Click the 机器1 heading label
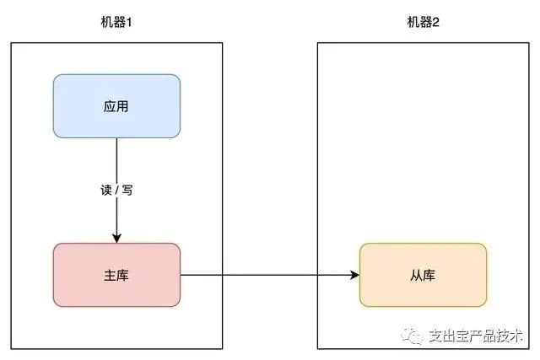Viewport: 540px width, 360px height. pos(116,23)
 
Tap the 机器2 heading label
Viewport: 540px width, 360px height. pos(423,23)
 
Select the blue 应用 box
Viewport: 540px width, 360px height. pos(116,106)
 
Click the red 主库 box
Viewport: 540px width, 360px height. pos(116,275)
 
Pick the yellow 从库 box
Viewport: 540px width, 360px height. pos(424,275)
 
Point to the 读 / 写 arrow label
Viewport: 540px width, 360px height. pos(116,190)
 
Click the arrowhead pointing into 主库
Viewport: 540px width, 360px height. pos(116,238)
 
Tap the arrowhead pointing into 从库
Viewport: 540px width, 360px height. pos(354,275)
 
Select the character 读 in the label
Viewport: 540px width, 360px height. pos(106,190)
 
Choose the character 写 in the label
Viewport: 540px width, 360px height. pos(127,190)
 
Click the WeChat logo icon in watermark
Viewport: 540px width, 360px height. pos(412,335)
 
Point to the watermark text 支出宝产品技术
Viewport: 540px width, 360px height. pos(476,336)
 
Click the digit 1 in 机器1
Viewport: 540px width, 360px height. pos(129,23)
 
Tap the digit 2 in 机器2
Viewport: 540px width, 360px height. pos(435,23)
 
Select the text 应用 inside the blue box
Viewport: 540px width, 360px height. pos(116,106)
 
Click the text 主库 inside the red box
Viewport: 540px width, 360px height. pos(116,276)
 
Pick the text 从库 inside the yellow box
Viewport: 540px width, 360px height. pos(423,276)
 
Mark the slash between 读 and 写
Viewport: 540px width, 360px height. pos(116,190)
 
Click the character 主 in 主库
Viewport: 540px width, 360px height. pos(110,276)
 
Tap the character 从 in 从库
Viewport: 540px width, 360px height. pos(416,276)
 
